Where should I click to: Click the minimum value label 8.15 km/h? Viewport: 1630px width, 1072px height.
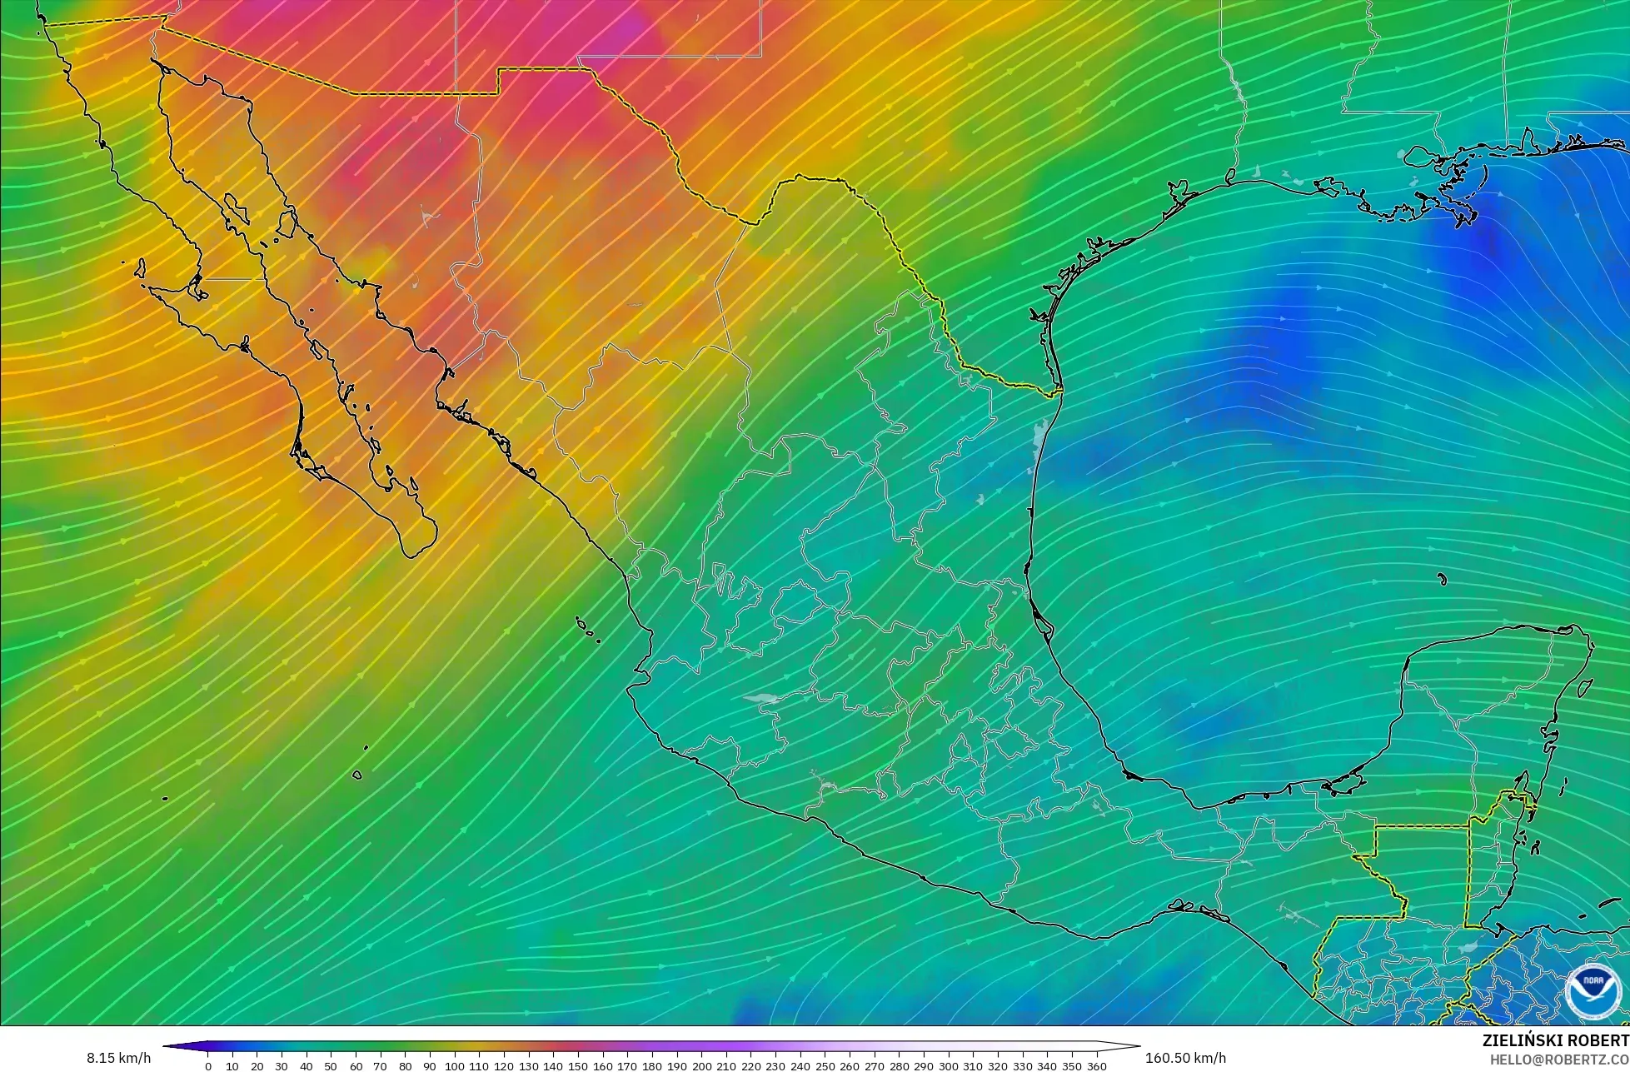118,1058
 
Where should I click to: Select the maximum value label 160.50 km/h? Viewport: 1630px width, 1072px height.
1185,1058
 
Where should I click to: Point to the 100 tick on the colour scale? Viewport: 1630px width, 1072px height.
454,1065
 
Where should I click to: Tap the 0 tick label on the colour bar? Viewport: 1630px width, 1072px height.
208,1065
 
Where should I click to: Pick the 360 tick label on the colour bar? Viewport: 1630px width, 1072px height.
1096,1065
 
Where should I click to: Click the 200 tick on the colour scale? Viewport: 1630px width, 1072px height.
701,1065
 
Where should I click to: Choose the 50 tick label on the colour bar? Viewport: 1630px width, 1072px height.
331,1065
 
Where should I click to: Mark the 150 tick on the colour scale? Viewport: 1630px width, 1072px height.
578,1065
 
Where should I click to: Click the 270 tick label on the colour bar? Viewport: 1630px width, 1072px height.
874,1065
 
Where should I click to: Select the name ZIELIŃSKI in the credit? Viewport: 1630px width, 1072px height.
1523,1040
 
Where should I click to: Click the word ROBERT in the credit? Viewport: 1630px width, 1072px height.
1598,1040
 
